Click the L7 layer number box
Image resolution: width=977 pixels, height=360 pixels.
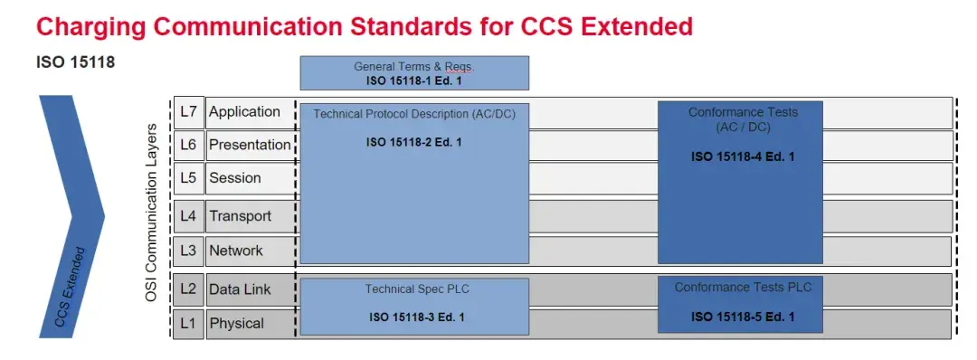click(x=188, y=112)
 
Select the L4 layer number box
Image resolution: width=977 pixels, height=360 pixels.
click(x=188, y=216)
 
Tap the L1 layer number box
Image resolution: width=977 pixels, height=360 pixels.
click(x=188, y=323)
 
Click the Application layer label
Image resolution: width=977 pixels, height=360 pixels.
click(x=244, y=112)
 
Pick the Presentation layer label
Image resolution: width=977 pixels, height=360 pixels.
click(x=250, y=145)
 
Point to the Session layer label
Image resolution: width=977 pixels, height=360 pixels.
click(x=235, y=178)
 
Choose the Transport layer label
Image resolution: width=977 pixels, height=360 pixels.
click(x=240, y=216)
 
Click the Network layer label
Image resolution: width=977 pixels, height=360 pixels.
click(x=236, y=251)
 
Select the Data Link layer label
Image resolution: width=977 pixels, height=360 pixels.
click(x=240, y=289)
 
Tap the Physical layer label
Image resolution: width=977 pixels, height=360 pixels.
click(x=237, y=323)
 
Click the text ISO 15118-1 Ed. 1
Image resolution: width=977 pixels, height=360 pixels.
click(x=414, y=81)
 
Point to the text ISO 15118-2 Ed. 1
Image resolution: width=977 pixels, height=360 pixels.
click(x=414, y=142)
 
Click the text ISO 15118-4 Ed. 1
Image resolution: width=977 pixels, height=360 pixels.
click(x=743, y=156)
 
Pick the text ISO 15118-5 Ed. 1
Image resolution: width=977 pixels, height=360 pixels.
click(x=743, y=317)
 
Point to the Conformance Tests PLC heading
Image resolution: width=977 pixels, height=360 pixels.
click(x=743, y=288)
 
